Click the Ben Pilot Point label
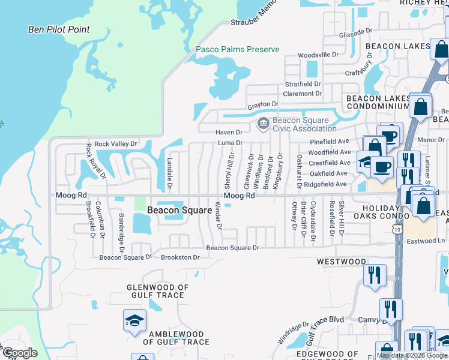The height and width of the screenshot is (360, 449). click(59, 29)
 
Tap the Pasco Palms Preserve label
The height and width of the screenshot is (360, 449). click(238, 49)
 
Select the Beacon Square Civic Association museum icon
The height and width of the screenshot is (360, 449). click(262, 124)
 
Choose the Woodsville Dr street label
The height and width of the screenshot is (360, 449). click(319, 55)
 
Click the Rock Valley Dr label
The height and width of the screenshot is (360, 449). click(116, 144)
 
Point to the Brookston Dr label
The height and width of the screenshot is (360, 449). click(179, 257)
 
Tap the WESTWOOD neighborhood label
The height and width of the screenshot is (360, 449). click(342, 262)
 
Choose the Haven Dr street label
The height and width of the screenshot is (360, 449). click(229, 132)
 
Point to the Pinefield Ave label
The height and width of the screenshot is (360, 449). click(329, 141)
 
